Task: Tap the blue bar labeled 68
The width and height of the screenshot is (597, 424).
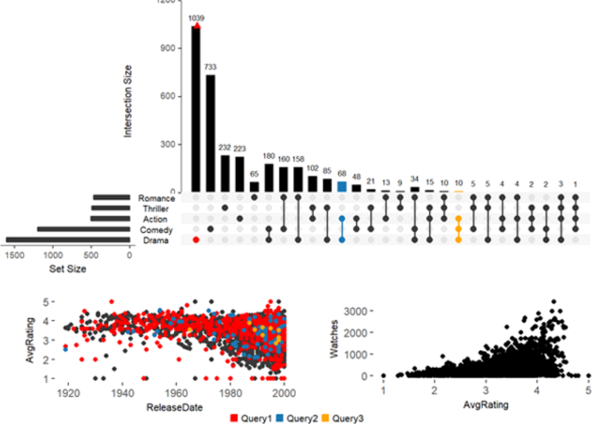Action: tap(342, 186)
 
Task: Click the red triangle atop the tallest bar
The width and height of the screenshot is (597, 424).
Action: tap(196, 26)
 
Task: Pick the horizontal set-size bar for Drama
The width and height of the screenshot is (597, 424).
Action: tap(67, 240)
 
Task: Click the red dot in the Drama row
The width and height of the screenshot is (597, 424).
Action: tap(196, 240)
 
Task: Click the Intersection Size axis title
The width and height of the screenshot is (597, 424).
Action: tap(128, 101)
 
